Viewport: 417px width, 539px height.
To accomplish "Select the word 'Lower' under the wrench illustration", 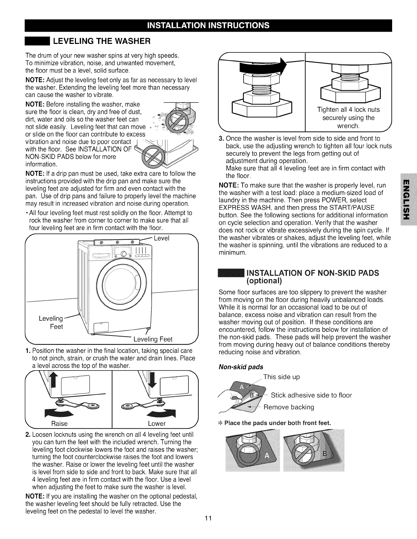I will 157,423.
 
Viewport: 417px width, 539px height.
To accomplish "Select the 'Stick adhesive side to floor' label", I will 311,395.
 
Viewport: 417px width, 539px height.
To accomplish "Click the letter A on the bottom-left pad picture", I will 267,457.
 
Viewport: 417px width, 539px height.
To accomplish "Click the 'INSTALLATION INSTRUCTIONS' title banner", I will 208,26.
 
